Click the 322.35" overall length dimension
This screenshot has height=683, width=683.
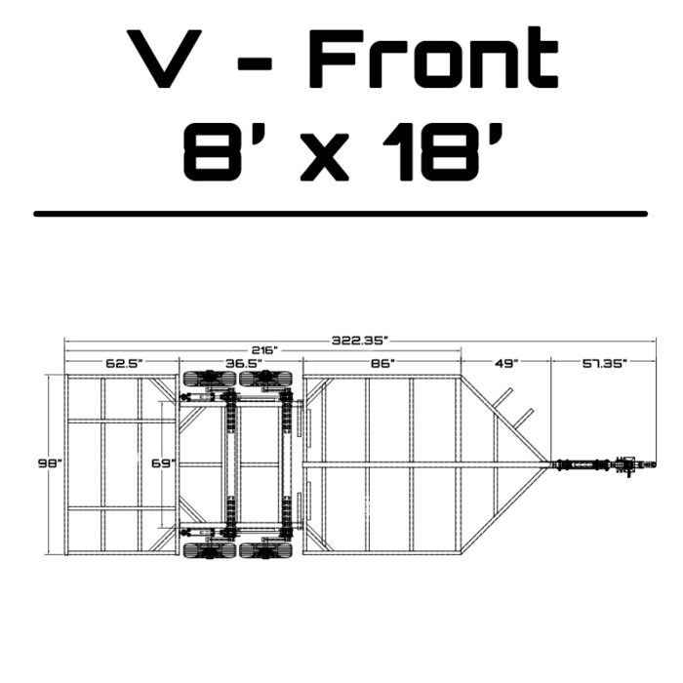tap(359, 341)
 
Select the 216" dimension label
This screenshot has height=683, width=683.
tap(264, 350)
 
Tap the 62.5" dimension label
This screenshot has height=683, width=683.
tap(124, 363)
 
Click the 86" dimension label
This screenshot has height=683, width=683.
tap(382, 363)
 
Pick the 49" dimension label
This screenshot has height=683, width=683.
tap(505, 363)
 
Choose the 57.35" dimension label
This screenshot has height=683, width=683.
tap(605, 363)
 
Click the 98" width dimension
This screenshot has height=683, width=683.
tap(51, 463)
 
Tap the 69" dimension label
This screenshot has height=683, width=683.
tap(164, 463)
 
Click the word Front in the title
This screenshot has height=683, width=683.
tap(433, 58)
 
